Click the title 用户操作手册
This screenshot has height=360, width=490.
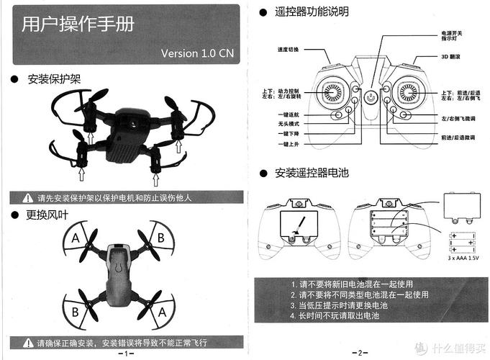coord(78,25)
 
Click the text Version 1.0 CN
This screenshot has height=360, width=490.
coord(197,53)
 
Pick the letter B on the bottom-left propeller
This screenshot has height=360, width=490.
coord(75,311)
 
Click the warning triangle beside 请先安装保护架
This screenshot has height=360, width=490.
coord(28,197)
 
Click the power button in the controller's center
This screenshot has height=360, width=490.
coord(371,96)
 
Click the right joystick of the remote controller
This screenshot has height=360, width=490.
coord(408,92)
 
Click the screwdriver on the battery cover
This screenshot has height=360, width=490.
coord(301,222)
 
